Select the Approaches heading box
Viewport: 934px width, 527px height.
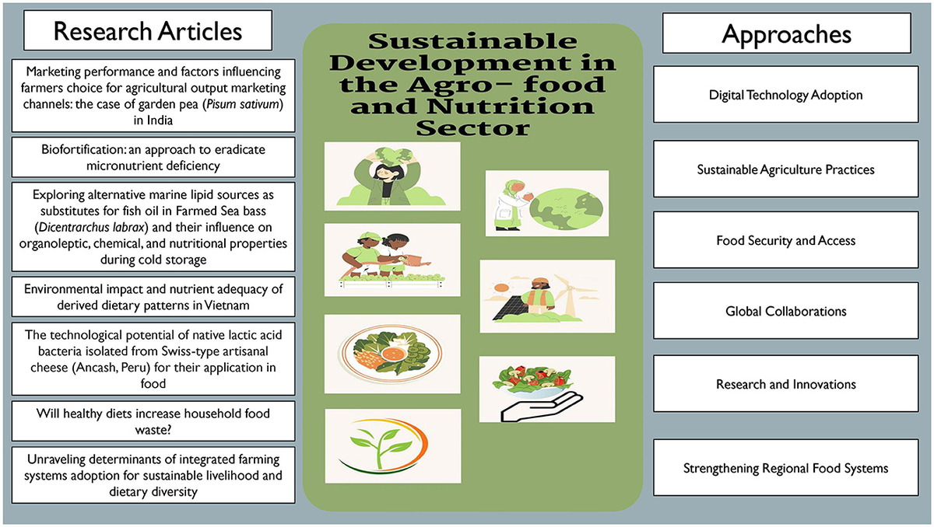coord(786,34)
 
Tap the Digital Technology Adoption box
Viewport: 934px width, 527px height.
coord(785,95)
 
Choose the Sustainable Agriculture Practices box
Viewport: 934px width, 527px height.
coord(785,169)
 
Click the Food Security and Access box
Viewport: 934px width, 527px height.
coord(785,240)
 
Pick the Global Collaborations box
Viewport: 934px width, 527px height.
coord(785,312)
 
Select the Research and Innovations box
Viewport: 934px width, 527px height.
coord(785,384)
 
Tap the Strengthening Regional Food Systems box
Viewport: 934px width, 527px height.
coord(785,468)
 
